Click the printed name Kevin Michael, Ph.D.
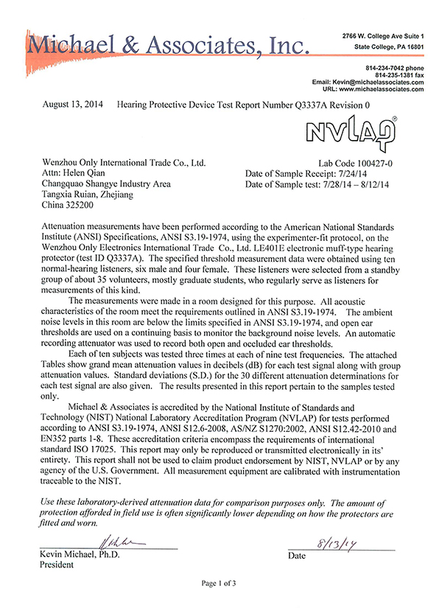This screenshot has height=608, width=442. coord(81,554)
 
